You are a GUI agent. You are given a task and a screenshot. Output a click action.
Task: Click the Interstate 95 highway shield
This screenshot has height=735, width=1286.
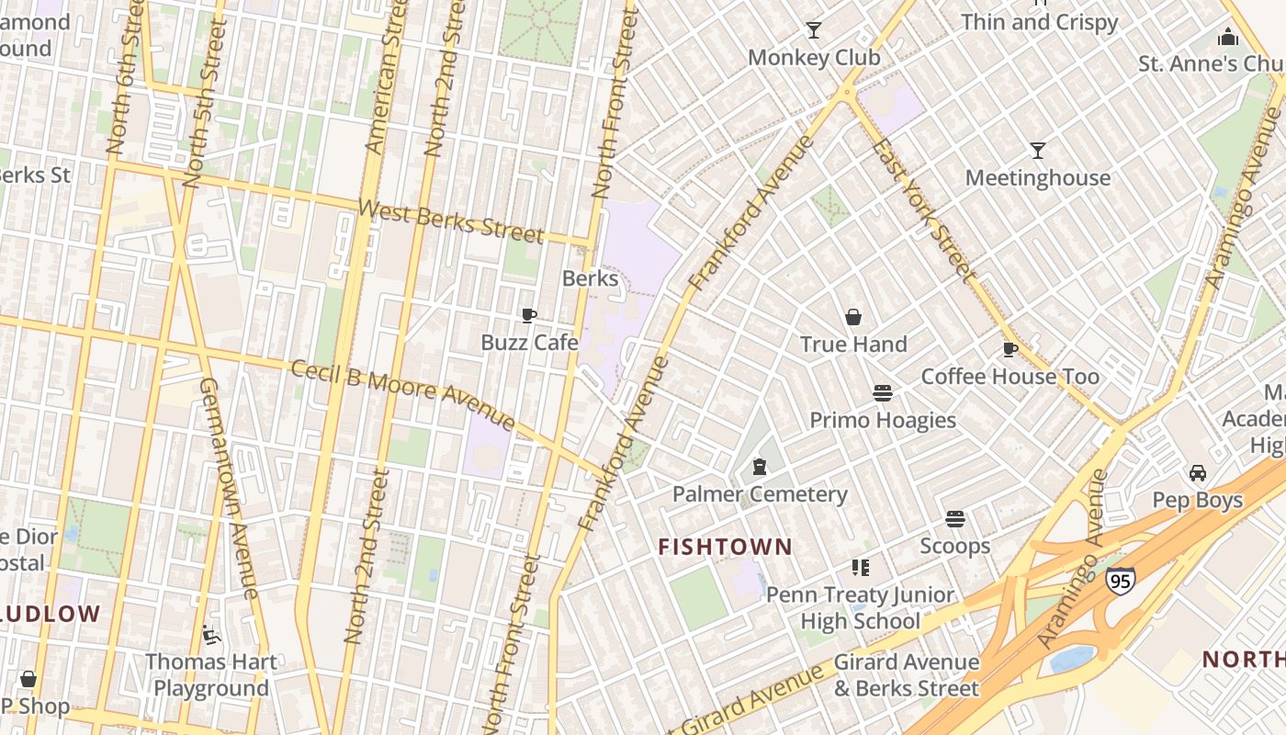[x=1121, y=581]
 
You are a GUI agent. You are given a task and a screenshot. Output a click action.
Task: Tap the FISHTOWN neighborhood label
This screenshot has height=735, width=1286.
[x=725, y=547]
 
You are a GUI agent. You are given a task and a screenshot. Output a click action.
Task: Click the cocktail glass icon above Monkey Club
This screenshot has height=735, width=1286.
[x=814, y=30]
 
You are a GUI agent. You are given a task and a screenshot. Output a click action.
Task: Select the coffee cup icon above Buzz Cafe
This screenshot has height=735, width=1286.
[x=529, y=315]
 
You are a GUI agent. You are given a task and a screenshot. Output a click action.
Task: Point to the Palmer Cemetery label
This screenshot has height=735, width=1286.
[x=760, y=494]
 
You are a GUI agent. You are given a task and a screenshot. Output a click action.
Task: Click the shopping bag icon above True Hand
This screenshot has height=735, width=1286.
[x=853, y=317]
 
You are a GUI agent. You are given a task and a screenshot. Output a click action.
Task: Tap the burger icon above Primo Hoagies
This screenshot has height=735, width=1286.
[x=883, y=393]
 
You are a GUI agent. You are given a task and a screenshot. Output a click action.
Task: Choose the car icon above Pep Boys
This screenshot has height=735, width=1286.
[x=1198, y=473]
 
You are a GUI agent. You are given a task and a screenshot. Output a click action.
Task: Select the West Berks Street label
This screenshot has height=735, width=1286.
[x=451, y=220]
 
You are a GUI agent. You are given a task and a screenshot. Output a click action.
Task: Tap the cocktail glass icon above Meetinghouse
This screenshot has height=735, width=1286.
[x=1038, y=151]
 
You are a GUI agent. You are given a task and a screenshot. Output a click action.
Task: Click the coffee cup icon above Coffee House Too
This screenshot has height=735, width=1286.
[x=1010, y=349]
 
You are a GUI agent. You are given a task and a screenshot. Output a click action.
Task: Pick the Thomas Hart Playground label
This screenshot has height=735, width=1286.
[x=210, y=674]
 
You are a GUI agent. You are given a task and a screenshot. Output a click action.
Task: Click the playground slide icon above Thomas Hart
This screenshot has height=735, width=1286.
[x=210, y=634]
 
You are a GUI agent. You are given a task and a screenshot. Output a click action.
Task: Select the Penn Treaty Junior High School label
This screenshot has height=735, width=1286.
[x=861, y=607]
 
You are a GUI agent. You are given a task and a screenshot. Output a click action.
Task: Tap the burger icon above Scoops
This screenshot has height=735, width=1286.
[x=955, y=519]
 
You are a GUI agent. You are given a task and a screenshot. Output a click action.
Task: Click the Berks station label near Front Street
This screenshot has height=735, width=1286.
[x=590, y=277]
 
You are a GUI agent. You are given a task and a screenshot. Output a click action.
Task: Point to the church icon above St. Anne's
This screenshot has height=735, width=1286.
[x=1228, y=37]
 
